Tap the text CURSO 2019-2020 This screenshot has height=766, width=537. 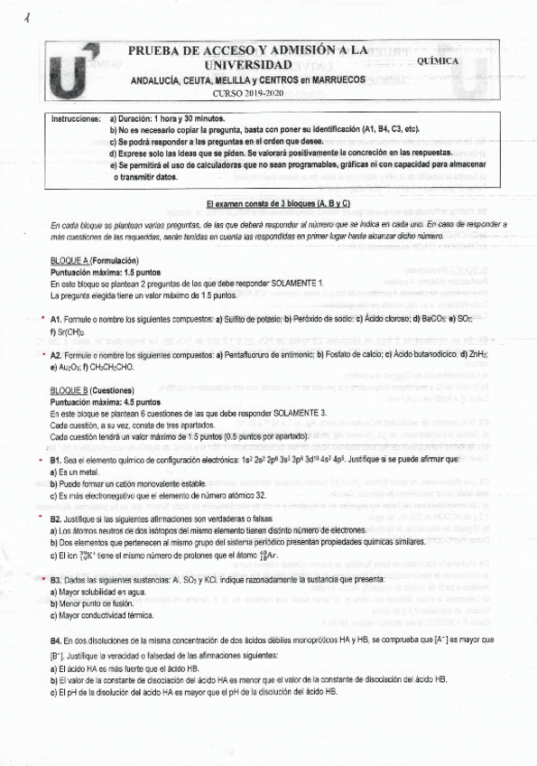[x=246, y=93]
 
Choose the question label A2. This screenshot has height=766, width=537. [x=56, y=353]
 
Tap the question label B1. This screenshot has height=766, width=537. [x=56, y=461]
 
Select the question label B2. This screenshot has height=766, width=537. [x=56, y=519]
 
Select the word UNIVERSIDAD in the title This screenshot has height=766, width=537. [x=248, y=66]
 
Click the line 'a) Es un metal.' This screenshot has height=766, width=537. [x=79, y=472]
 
